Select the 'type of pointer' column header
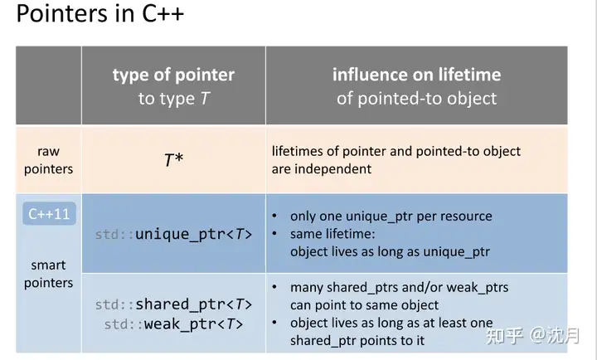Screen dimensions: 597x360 coord(173,75)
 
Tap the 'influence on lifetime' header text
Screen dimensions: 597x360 coord(416,75)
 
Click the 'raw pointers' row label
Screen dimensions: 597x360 coord(49,160)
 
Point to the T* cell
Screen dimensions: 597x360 coord(173,159)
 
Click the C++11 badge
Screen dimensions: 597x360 coord(49,214)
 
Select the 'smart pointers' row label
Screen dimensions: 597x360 coord(49,274)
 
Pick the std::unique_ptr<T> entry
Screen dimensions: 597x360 coord(173,234)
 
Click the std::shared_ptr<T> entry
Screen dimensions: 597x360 coord(173,304)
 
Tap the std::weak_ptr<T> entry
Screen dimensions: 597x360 coord(173,324)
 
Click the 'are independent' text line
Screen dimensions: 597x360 coord(322,168)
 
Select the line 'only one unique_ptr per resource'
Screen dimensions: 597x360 coord(391,216)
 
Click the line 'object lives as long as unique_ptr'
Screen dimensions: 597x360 coord(390,251)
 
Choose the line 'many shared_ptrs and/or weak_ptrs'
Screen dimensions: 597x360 coord(399,287)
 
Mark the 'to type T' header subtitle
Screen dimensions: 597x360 coord(173,99)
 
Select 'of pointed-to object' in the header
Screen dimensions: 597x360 coord(416,99)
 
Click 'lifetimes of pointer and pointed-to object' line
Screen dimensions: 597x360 coord(396,151)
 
